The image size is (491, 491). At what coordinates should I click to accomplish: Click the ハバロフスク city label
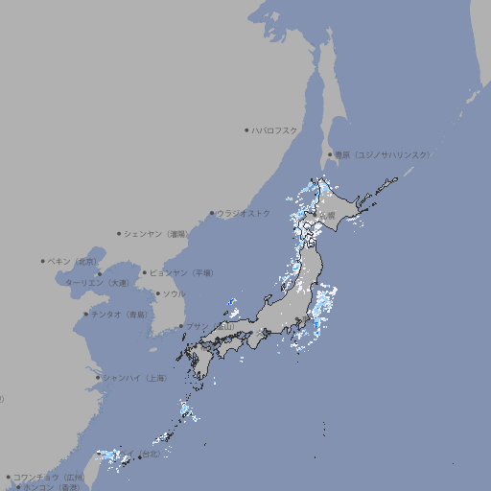275,130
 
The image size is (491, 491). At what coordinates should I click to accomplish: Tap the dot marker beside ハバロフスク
246,130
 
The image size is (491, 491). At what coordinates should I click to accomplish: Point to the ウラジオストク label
244,213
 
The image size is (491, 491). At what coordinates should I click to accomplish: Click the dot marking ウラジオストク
212,214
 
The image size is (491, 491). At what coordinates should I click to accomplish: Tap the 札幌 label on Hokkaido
328,214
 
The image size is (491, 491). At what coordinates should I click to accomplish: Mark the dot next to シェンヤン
120,233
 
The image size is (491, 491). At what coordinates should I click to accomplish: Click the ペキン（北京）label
74,261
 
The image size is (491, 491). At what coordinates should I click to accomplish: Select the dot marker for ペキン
43,261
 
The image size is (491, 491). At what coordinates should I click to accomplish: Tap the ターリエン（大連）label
97,283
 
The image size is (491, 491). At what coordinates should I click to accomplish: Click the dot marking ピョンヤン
145,272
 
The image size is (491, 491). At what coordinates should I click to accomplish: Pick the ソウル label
174,293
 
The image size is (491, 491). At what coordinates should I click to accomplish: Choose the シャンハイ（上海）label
134,378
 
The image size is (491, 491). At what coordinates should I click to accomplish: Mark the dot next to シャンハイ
98,378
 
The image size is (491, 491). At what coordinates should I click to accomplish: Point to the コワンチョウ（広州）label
49,477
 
